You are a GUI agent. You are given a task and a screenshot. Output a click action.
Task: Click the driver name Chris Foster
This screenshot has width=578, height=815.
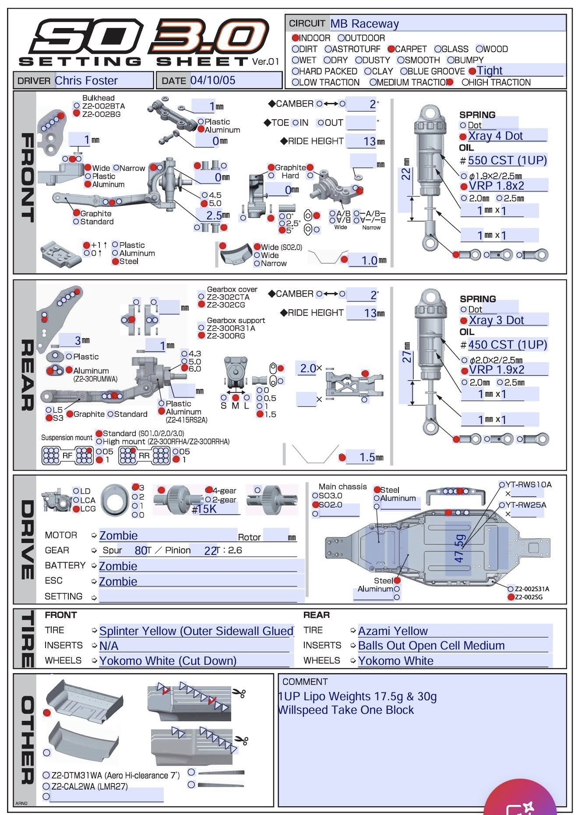point(86,81)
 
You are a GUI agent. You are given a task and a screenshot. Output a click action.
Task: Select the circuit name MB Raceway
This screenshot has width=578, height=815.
point(364,24)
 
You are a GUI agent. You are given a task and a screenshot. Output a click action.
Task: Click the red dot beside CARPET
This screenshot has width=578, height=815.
point(391,49)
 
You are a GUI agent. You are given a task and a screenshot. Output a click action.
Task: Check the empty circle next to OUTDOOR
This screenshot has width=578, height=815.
point(342,38)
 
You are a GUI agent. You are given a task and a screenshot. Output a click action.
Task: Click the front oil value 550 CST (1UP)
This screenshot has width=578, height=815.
point(507,160)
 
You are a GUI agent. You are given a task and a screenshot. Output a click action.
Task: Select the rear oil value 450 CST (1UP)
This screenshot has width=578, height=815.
point(508,345)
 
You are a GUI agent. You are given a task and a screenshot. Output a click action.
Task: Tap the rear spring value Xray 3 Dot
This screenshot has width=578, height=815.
point(496,320)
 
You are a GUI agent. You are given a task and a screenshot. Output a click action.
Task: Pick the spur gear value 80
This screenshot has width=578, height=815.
point(141,550)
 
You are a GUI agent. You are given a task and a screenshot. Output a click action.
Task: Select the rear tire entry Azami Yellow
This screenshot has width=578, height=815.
point(393,631)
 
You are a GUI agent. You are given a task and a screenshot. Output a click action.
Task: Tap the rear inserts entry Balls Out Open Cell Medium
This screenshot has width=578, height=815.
point(431,646)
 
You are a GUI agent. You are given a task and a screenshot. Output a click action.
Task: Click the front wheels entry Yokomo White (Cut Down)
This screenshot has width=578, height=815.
point(168,660)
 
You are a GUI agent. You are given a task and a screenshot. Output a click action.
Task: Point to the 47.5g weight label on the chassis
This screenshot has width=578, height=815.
point(459,548)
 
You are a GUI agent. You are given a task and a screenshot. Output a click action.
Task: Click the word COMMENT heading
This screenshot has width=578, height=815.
point(305,681)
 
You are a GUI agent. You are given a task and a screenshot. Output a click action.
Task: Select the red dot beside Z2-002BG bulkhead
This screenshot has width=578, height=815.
point(77,113)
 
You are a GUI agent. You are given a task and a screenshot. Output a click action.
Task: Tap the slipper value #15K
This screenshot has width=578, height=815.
point(204,509)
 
